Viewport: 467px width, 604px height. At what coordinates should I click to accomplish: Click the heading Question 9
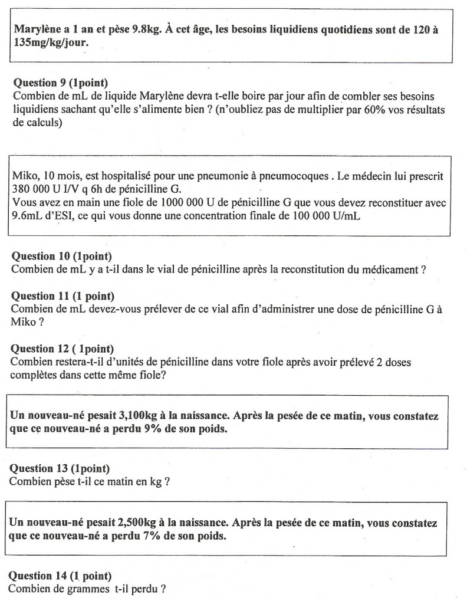51,83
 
